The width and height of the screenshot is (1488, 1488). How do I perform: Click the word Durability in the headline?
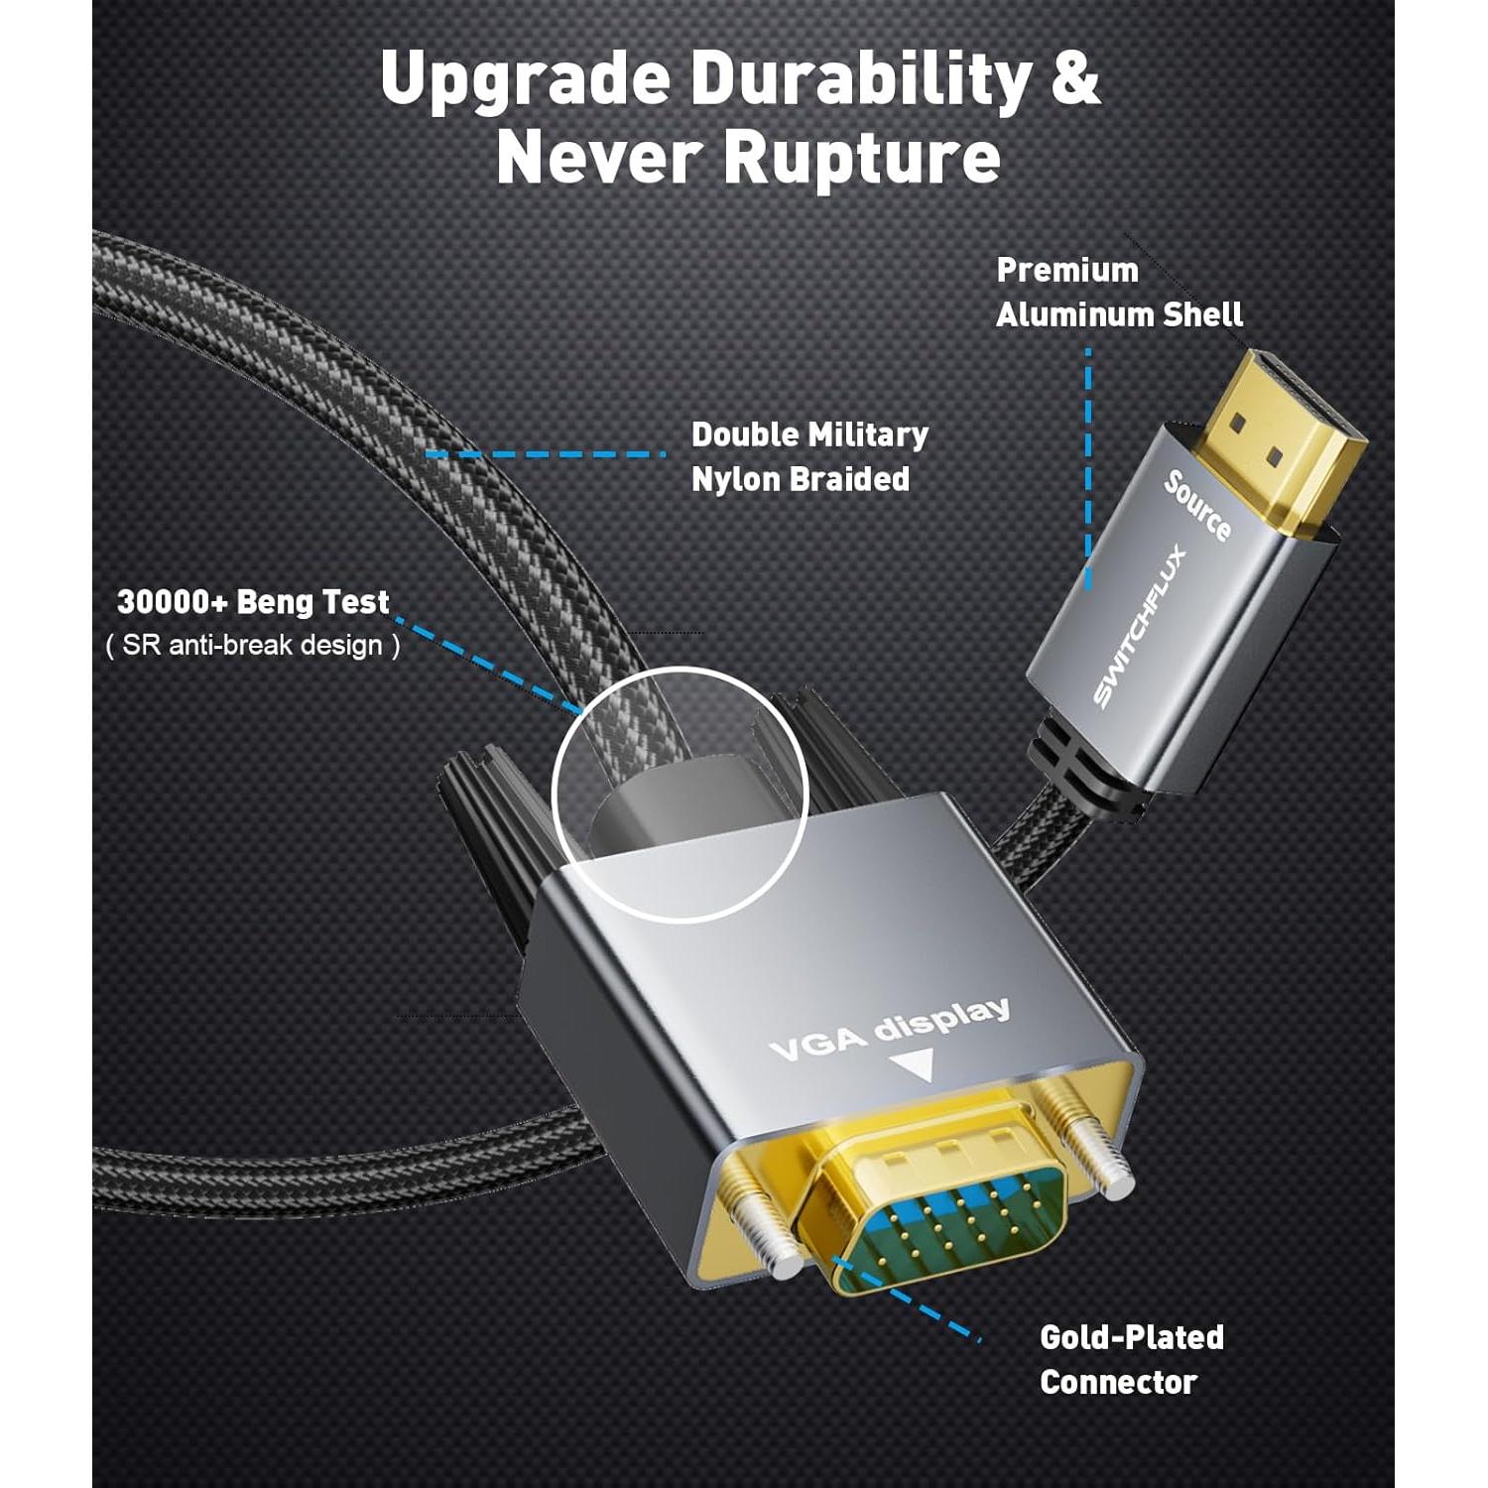click(860, 79)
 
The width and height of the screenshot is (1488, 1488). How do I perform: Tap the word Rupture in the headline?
click(861, 158)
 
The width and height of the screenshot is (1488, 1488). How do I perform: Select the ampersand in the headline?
click(1075, 79)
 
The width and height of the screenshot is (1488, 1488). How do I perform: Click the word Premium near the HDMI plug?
click(1067, 270)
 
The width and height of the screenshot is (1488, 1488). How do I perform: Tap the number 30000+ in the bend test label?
click(173, 602)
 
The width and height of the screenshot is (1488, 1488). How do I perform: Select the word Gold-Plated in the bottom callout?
click(1132, 1337)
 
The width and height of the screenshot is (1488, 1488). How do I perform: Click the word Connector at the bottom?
click(1118, 1383)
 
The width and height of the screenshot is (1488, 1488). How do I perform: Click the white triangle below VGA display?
click(913, 1064)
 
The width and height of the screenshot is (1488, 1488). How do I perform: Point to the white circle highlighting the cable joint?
click(680, 794)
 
